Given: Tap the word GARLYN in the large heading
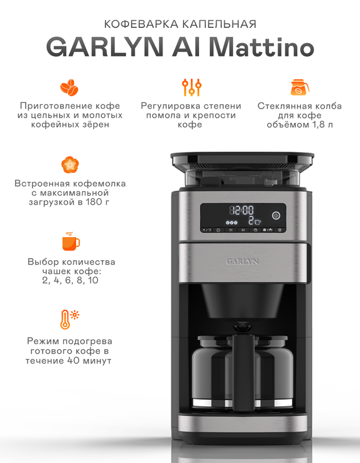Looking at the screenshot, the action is coord(105,47).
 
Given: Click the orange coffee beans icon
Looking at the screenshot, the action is coord(69,87).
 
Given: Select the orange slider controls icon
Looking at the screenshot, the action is coord(192,87).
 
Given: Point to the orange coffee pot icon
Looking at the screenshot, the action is coord(300,87).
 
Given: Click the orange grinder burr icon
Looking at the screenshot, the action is coord(70,165).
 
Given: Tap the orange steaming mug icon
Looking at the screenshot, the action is coord(71,241).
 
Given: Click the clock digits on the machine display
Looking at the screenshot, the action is coord(242,210).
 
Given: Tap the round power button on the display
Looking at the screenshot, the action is coord(276,216).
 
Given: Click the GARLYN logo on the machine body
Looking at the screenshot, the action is coord(242,261).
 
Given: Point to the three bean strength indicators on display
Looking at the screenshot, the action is coord(231,222).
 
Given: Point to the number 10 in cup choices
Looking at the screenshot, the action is coord(93,280).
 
